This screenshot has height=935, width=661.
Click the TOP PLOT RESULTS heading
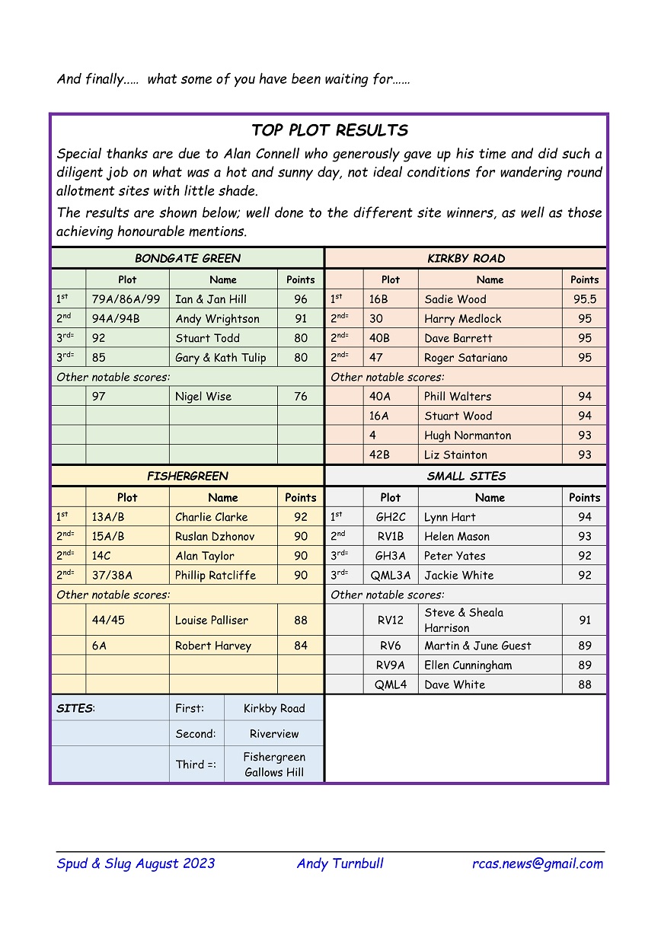tap(330, 130)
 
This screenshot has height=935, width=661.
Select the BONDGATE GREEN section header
tap(187, 258)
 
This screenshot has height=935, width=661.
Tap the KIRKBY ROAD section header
tap(466, 258)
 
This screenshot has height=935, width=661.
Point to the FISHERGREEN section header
tap(187, 476)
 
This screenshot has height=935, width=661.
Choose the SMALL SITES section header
tap(466, 476)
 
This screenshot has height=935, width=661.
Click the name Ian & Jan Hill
tap(211, 299)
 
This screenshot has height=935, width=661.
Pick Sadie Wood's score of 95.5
tap(584, 299)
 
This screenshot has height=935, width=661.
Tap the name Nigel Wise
tap(203, 397)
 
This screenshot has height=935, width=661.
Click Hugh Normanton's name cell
tap(468, 436)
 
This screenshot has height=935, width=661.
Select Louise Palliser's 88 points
tap(301, 621)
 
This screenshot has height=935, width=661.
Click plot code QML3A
tap(391, 576)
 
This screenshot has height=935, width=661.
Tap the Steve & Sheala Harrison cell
tap(464, 621)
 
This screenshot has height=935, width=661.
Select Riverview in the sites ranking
tap(274, 734)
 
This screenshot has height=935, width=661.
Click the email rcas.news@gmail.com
tap(538, 863)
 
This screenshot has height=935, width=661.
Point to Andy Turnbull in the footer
tap(340, 863)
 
